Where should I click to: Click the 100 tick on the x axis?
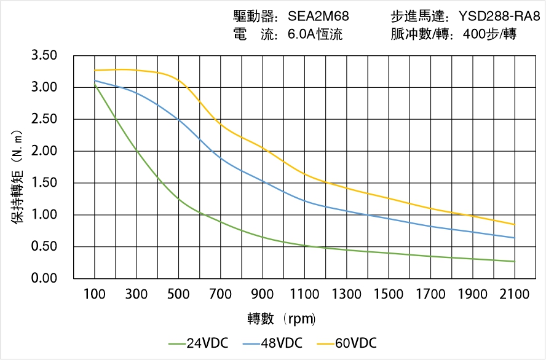point(95,294)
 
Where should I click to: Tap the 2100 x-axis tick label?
point(514,294)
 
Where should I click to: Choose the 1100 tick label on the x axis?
point(304,294)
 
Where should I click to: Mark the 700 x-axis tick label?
point(221,294)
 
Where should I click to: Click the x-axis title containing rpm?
point(282,319)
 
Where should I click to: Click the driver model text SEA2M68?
point(318,17)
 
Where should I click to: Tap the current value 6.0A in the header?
point(301,34)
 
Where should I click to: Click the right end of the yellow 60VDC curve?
point(514,224)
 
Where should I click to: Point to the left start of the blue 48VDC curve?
point(95,80)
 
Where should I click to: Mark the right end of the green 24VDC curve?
point(514,262)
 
